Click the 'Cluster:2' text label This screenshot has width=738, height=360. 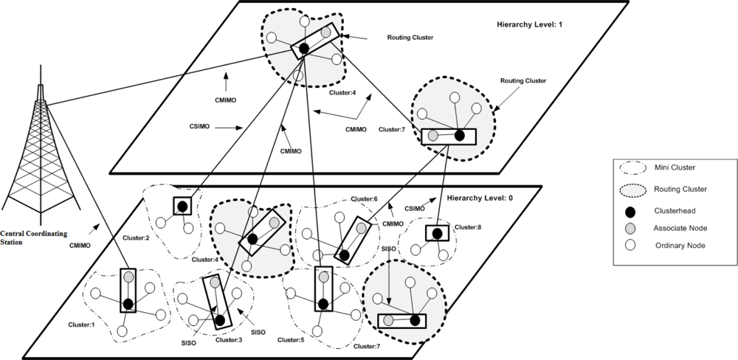pyautogui.click(x=136, y=238)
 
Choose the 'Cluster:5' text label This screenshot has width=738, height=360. pyautogui.click(x=293, y=340)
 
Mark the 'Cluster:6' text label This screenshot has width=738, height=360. pyautogui.click(x=364, y=199)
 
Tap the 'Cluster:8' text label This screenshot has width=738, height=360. pyautogui.click(x=468, y=227)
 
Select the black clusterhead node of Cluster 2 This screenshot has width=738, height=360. pyautogui.click(x=181, y=206)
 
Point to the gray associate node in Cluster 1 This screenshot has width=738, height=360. pyautogui.click(x=128, y=277)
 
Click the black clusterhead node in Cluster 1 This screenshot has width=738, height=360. pyautogui.click(x=128, y=303)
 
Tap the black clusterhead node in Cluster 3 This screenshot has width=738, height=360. pyautogui.click(x=219, y=320)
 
